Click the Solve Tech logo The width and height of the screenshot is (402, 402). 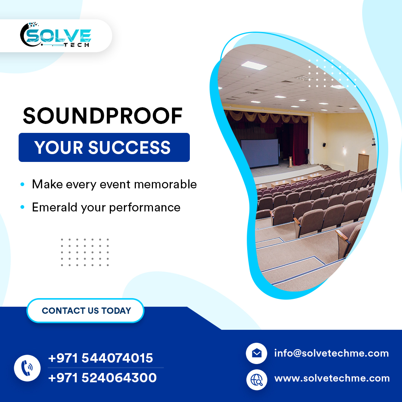(56, 35)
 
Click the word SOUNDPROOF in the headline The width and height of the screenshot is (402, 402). (103, 116)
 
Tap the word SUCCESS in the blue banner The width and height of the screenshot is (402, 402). (129, 147)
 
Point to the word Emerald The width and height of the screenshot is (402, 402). (56, 207)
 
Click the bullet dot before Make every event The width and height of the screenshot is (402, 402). (23, 184)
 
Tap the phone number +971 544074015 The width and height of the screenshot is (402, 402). (100, 358)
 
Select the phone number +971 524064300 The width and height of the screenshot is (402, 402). (102, 378)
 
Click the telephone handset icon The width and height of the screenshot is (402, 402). (27, 368)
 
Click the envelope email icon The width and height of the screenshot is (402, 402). (256, 353)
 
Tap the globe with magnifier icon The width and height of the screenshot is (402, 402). (256, 379)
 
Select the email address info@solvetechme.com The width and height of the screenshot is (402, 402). (331, 353)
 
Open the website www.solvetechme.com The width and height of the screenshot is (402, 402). (332, 379)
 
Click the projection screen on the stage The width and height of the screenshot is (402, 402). (259, 153)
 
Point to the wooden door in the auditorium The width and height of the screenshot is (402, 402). (363, 163)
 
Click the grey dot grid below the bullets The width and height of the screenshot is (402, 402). (85, 252)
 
